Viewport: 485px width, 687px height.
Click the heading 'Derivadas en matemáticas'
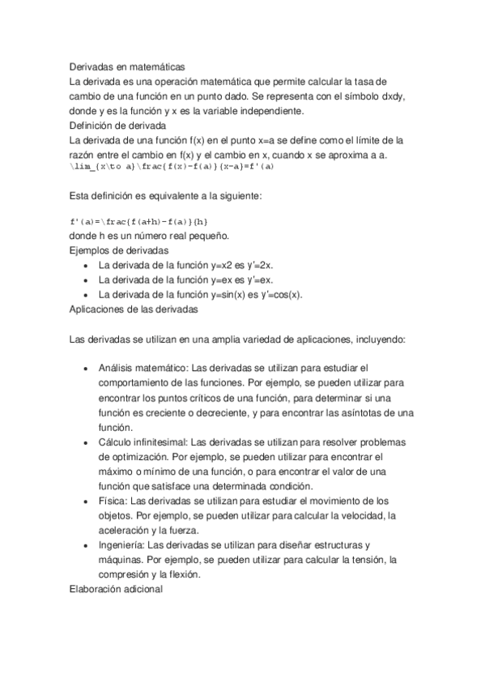tap(128, 68)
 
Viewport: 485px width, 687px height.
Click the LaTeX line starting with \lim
tap(172, 168)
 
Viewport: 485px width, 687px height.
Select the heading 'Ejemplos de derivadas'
tap(119, 250)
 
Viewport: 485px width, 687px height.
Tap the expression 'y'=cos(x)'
tap(285, 294)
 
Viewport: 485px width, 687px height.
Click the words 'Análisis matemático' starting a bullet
tap(143, 369)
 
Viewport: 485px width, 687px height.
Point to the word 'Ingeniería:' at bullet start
tap(123, 545)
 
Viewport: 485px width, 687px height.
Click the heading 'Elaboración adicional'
tap(117, 590)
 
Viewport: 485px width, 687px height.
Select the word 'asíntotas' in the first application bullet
tap(351, 412)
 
